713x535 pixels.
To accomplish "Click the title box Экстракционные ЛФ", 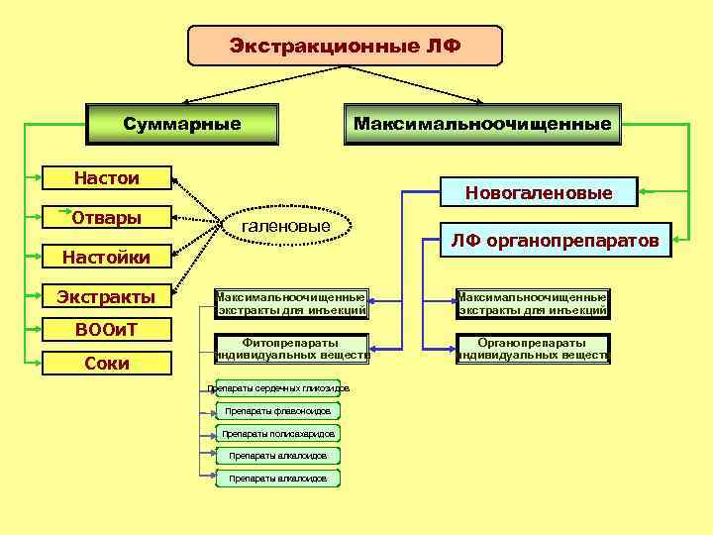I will click(345, 46).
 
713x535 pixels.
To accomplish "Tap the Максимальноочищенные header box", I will click(482, 124).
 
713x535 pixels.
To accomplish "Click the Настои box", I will click(107, 178).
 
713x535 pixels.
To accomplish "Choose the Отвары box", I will click(107, 218).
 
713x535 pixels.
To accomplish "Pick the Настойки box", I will click(107, 258).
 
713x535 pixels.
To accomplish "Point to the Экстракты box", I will click(107, 296).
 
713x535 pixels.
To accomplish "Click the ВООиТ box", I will click(107, 329).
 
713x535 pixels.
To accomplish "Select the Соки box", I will click(107, 363).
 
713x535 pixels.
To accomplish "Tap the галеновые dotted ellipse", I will click(286, 228).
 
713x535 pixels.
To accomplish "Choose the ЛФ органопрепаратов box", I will click(555, 239).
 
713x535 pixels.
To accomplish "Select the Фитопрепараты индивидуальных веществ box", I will click(291, 348).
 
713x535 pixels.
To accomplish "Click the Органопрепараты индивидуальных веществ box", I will click(533, 348).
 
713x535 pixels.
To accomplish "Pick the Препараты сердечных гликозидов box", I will click(278, 388).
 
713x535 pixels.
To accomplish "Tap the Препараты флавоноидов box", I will click(278, 410).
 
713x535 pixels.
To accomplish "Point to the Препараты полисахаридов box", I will click(278, 433).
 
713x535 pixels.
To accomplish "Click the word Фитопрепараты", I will click(291, 342).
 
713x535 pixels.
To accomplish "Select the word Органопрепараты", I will click(533, 342).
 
